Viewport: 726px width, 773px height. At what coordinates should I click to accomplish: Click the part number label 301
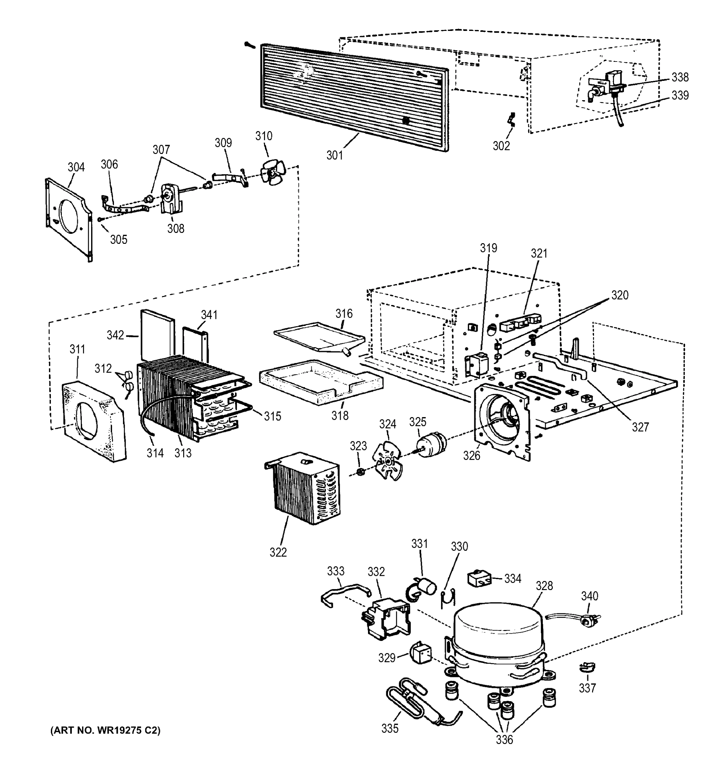pos(334,156)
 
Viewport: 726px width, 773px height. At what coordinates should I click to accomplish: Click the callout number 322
pos(278,552)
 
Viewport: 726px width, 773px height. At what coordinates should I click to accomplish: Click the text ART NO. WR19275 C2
pos(105,730)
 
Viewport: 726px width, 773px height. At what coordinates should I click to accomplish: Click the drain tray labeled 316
pos(319,336)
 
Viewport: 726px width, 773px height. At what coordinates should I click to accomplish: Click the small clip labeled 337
pos(587,667)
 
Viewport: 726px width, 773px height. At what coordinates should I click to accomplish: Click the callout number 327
pos(640,427)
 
